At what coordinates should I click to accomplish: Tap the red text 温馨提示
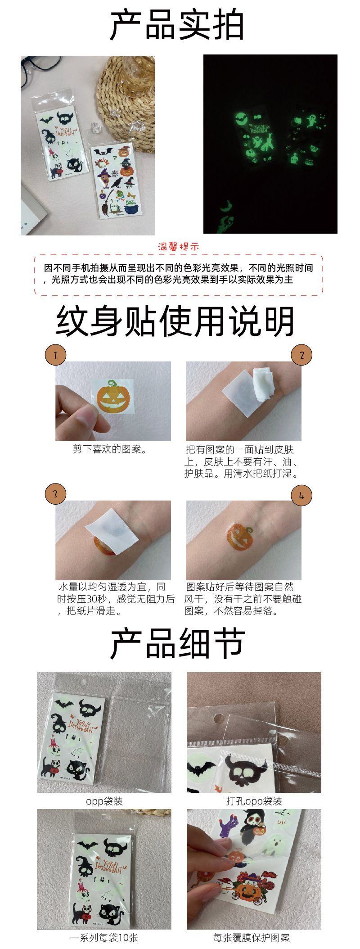(179, 247)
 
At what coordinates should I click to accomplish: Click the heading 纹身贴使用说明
(175, 321)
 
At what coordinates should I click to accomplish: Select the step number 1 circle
(55, 355)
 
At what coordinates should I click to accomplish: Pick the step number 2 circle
(301, 355)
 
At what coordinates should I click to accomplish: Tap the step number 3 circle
(55, 494)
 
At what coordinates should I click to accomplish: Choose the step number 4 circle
(301, 495)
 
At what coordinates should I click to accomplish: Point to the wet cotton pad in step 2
(262, 384)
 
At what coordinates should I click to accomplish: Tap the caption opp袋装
(104, 801)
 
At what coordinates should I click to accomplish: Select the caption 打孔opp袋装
(254, 801)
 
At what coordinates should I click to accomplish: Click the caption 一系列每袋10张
(104, 937)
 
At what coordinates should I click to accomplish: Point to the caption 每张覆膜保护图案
(252, 937)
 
